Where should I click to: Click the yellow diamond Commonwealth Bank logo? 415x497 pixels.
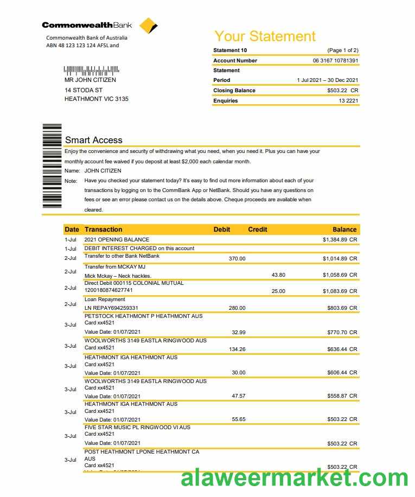[x=148, y=26]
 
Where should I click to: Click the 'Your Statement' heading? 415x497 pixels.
[x=265, y=36]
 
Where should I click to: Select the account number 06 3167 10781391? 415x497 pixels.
[x=335, y=60]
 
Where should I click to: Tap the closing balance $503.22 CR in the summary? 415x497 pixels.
[x=342, y=91]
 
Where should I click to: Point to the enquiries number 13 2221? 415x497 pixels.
[x=348, y=100]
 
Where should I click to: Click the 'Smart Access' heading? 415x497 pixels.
[x=94, y=140]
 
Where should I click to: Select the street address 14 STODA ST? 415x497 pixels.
[x=84, y=90]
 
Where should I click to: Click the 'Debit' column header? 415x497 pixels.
[x=222, y=230]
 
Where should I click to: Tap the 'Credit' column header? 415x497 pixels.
[x=258, y=230]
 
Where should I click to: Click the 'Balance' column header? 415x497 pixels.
[x=344, y=230]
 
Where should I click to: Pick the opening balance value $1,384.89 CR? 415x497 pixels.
[x=340, y=239]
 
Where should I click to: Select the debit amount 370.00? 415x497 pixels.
[x=237, y=259]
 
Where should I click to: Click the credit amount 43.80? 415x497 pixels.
[x=278, y=275]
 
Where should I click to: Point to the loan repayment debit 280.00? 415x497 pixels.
[x=237, y=308]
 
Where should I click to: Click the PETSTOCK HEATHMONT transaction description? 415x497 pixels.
[x=143, y=316]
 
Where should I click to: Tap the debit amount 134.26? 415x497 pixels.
[x=237, y=349]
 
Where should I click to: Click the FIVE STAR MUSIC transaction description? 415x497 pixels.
[x=137, y=427]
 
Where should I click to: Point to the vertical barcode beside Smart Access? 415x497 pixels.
[x=52, y=165]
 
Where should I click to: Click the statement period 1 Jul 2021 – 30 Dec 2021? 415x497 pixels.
[x=327, y=80]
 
